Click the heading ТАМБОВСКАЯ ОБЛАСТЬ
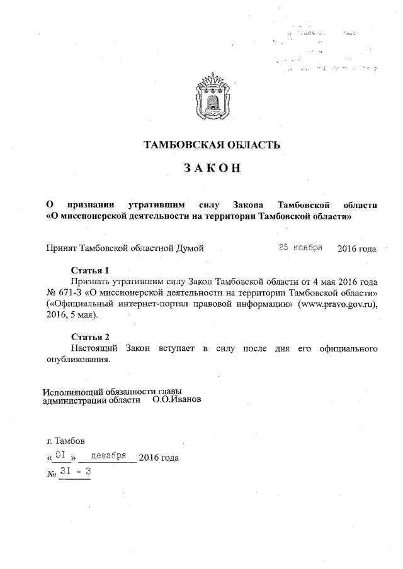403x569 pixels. tap(212, 146)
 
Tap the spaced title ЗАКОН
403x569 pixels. tap(212, 168)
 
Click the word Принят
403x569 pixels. tap(61, 248)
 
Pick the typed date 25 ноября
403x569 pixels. tap(301, 247)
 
